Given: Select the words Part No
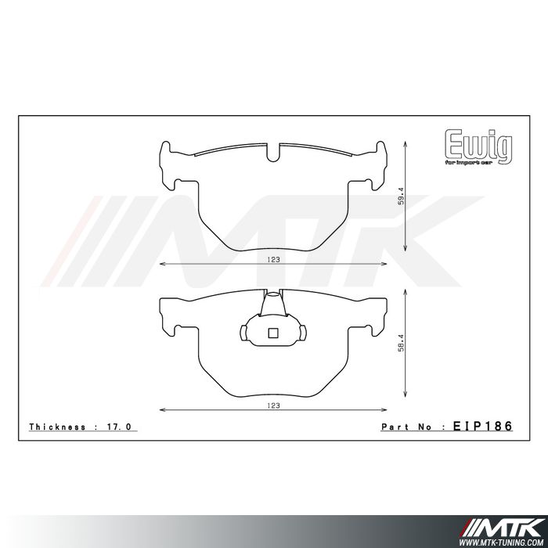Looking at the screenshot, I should (408, 427).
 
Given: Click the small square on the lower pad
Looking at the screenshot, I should (272, 332).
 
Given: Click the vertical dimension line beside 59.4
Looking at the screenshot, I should (404, 196).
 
